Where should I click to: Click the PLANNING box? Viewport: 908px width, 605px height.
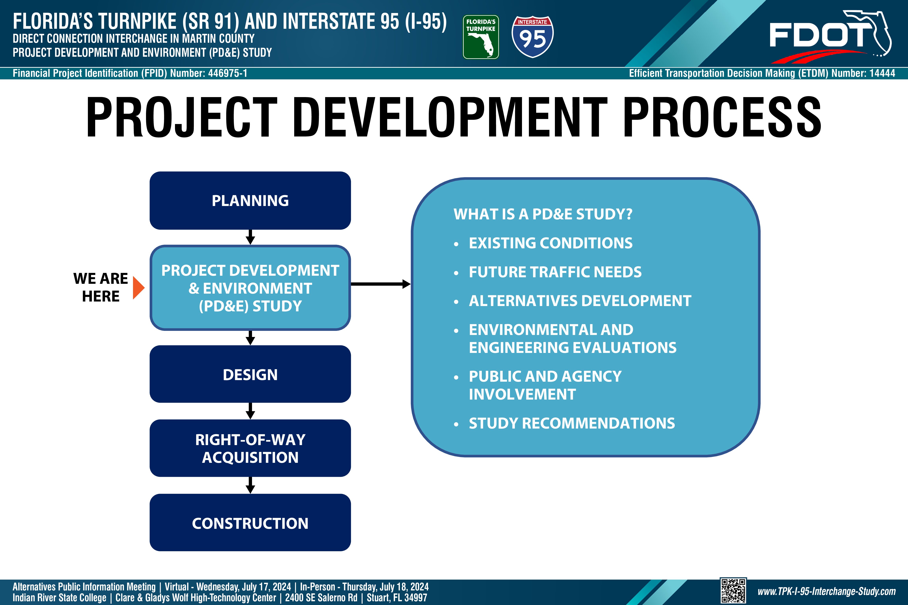tap(250, 201)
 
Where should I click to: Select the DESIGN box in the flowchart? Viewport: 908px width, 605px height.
tap(250, 374)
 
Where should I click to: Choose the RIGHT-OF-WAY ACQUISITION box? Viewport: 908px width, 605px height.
tap(250, 448)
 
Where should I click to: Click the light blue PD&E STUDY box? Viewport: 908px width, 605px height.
tap(250, 288)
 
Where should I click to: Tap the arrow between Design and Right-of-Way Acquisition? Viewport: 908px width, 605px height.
tap(250, 411)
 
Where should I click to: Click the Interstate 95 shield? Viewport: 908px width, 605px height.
tap(532, 37)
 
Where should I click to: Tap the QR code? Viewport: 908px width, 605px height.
tap(733, 591)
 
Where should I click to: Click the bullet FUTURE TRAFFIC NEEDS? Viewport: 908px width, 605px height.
tap(555, 272)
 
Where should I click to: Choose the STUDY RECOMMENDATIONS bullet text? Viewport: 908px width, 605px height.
tap(572, 423)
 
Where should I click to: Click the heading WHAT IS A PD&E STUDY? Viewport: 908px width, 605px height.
tap(543, 214)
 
